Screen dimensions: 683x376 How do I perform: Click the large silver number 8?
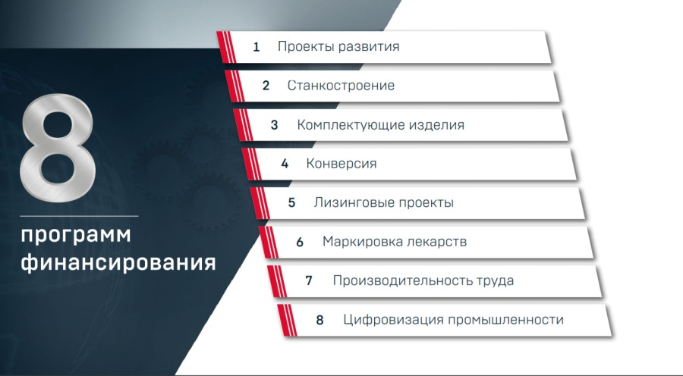tap(58, 148)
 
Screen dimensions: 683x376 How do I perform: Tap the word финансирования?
tap(118, 262)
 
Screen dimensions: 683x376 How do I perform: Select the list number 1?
tap(257, 46)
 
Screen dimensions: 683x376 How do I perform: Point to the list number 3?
tap(274, 125)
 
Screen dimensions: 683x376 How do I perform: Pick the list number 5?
tap(291, 203)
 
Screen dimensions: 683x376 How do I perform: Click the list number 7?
tap(309, 280)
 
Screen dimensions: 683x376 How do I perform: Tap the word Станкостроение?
tap(341, 86)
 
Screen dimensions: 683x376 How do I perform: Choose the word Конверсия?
tap(341, 164)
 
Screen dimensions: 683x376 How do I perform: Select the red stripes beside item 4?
tap(251, 164)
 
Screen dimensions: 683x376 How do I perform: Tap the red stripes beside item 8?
tap(287, 321)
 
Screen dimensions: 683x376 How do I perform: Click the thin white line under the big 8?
tap(79, 216)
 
